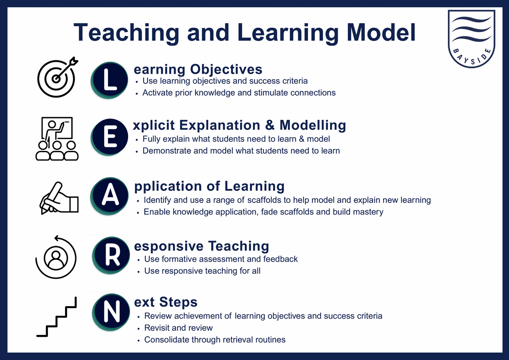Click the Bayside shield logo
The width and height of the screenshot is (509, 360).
471,38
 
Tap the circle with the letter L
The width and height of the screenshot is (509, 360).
109,80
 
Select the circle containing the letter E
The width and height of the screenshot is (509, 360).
109,137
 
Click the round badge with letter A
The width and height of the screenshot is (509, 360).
110,196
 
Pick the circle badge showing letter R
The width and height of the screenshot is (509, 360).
111,255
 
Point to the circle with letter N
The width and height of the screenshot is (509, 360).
111,312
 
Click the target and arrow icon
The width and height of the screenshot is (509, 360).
57,77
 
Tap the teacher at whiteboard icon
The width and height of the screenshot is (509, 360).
57,139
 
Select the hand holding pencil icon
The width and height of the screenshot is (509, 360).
59,198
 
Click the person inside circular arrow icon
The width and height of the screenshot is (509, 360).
56,257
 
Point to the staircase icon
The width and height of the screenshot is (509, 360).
57,317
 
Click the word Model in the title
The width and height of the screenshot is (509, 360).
381,32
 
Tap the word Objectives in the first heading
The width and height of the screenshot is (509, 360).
226,69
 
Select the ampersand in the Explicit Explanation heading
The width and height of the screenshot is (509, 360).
270,125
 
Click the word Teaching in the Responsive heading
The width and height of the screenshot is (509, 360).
239,247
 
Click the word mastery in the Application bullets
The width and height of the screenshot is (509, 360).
368,212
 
